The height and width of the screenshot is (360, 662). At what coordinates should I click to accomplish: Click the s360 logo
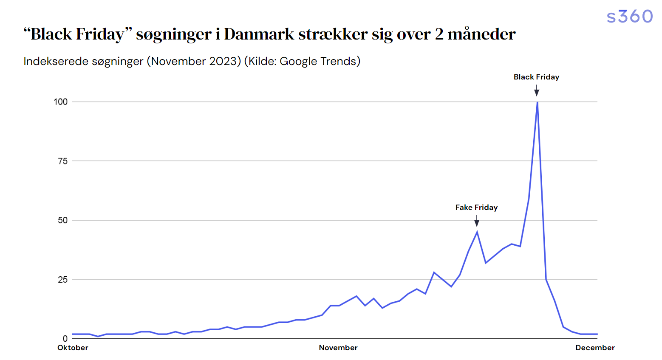[629, 17]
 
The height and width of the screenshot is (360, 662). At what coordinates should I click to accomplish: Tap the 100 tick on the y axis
[60, 102]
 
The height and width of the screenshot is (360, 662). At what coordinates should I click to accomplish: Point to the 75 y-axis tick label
[62, 161]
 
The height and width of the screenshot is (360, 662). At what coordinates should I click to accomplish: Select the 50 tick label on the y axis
[62, 220]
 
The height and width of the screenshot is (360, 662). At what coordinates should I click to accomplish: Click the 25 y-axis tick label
[62, 280]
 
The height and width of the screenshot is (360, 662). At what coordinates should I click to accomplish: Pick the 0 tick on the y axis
[65, 339]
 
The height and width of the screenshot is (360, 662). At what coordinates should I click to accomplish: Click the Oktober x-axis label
[73, 348]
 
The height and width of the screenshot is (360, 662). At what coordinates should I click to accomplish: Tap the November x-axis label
[338, 348]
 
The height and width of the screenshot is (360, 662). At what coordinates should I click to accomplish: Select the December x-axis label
[595, 348]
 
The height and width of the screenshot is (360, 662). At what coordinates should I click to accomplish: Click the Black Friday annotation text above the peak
[536, 77]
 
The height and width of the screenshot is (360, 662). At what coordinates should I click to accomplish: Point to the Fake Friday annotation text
[476, 207]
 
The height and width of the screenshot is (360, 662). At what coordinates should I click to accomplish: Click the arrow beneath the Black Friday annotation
[537, 91]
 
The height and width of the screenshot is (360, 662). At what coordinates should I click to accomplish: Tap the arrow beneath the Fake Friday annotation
[477, 221]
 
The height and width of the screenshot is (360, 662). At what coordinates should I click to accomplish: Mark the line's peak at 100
[538, 102]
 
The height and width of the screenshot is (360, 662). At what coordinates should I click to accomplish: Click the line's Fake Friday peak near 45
[477, 232]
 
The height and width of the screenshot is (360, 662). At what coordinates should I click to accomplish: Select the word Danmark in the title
[259, 34]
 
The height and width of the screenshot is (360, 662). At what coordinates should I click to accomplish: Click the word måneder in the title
[481, 34]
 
